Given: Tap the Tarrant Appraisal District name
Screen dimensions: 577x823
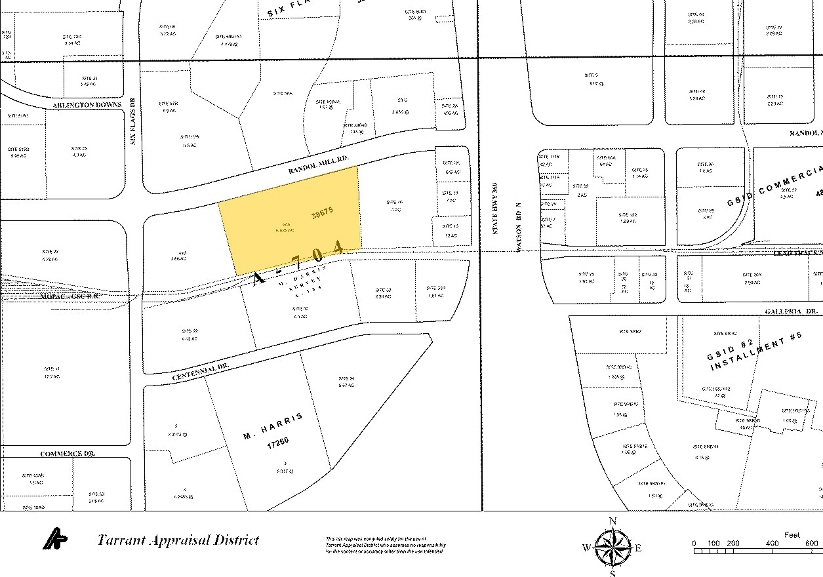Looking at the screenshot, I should [x=178, y=540].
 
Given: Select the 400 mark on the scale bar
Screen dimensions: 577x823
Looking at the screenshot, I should [x=772, y=544].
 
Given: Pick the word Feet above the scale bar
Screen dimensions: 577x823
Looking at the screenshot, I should [x=792, y=535].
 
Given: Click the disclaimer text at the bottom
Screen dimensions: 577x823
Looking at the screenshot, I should [x=386, y=546].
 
